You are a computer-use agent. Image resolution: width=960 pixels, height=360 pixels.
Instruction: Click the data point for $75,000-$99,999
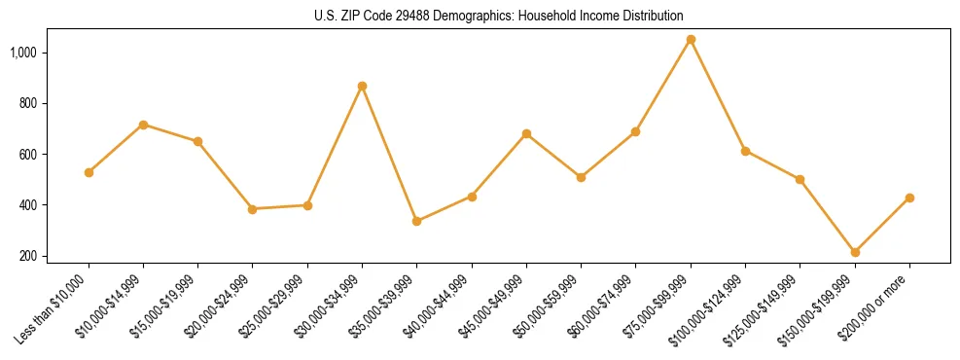691,40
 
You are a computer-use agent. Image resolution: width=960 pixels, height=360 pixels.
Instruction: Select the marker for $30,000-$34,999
362,86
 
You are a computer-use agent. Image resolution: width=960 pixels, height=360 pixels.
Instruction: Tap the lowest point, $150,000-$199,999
855,252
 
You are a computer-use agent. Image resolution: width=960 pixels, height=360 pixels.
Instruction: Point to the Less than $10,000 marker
89,172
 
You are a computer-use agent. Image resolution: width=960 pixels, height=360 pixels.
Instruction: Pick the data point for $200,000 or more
909,198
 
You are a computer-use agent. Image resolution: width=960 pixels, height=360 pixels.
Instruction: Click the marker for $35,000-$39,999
417,221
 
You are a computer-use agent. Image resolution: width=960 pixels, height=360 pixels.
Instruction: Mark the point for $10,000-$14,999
143,125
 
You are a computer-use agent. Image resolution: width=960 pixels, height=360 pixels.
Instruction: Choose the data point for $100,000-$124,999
745,151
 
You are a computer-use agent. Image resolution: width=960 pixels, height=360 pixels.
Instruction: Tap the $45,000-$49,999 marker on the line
526,133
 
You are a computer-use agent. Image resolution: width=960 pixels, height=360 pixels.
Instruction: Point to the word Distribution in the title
649,16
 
